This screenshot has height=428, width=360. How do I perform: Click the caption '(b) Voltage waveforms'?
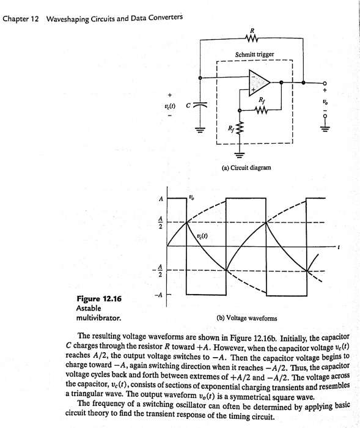tap(247, 318)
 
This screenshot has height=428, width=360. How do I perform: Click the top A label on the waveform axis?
tap(161, 199)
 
